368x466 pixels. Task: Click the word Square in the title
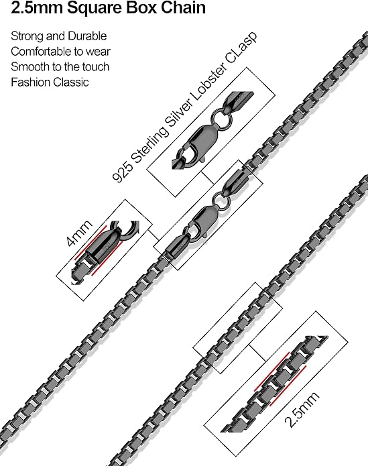pos(95,8)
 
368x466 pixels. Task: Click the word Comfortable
pos(41,52)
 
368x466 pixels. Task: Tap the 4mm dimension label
pos(78,233)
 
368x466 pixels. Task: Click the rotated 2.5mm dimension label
pos(302,409)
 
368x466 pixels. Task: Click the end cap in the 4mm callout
pos(103,245)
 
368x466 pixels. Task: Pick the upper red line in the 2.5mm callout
pos(271,371)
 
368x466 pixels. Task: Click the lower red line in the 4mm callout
pos(107,258)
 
